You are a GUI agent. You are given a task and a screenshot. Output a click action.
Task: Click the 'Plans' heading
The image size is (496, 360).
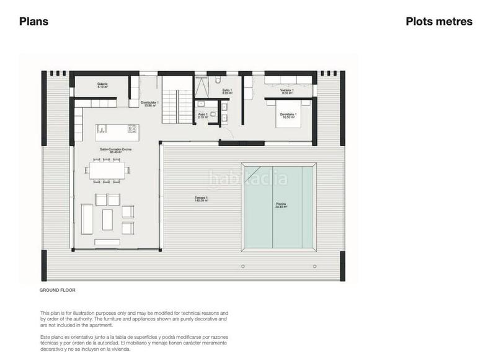[x=33, y=22]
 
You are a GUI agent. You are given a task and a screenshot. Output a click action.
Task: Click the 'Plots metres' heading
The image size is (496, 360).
[x=439, y=22]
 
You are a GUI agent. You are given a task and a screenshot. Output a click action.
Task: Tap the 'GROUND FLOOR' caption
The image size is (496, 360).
[x=57, y=290]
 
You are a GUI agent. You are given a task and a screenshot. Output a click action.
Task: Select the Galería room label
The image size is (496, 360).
[x=102, y=86]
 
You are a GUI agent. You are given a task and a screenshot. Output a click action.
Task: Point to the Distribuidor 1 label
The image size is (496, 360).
[x=149, y=103]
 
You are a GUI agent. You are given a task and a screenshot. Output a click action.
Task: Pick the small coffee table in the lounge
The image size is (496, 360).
[x=108, y=217]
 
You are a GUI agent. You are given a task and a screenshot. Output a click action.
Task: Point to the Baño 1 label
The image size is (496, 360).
[x=227, y=91]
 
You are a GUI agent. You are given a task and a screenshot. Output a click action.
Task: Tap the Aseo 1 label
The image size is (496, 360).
[x=203, y=115]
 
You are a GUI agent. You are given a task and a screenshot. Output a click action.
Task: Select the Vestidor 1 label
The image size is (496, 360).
[x=286, y=91]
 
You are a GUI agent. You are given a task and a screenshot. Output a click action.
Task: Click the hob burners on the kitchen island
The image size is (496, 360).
[x=132, y=129]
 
